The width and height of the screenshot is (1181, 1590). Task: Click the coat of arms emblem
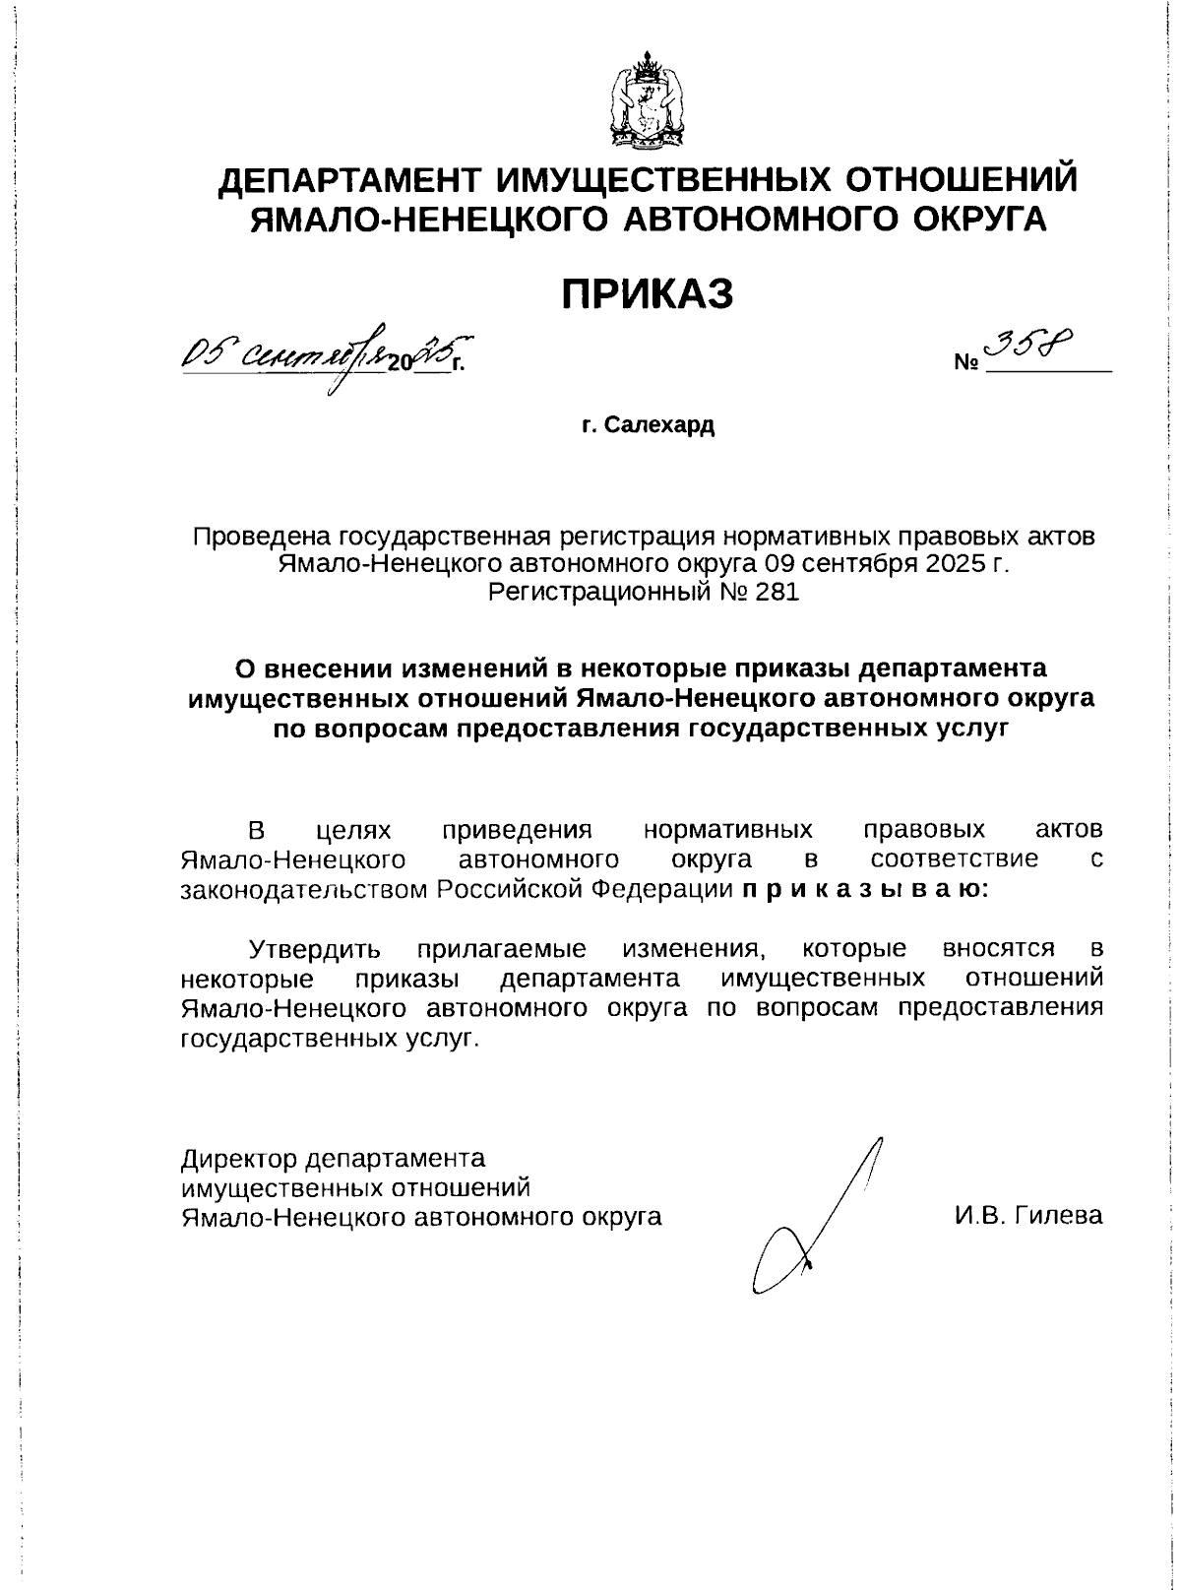[647, 102]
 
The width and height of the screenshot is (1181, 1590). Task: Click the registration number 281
[779, 592]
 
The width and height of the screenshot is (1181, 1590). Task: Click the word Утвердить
[314, 950]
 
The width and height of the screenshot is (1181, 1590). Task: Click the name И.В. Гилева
[1027, 1215]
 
